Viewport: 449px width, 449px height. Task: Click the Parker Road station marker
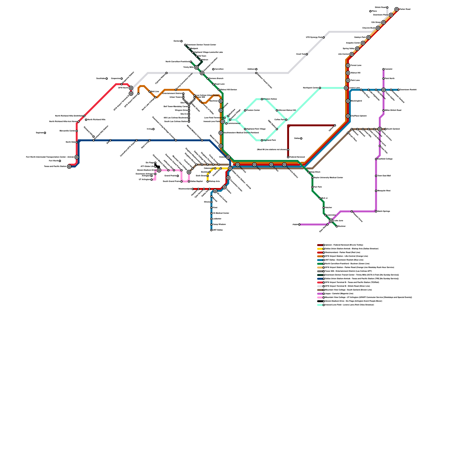(x=397, y=9)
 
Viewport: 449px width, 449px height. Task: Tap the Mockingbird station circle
(x=348, y=101)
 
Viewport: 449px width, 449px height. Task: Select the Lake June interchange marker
(x=331, y=221)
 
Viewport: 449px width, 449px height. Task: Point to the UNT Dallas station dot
(x=211, y=230)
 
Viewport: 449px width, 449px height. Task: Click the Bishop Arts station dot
(x=208, y=182)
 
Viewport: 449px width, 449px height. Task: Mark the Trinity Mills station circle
(x=196, y=67)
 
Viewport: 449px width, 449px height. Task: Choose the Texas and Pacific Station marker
(x=69, y=166)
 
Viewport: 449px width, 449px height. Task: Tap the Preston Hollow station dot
(x=262, y=99)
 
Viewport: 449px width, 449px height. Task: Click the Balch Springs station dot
(x=376, y=211)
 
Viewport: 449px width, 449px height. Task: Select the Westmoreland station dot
(x=193, y=189)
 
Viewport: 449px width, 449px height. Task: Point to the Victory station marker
(x=228, y=157)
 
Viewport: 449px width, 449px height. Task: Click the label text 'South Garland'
(x=393, y=129)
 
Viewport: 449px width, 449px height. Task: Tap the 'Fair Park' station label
(x=318, y=187)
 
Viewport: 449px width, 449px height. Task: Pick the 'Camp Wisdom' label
(x=219, y=224)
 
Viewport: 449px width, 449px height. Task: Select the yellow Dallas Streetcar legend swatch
(x=320, y=249)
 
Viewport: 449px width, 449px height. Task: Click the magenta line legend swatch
(x=320, y=294)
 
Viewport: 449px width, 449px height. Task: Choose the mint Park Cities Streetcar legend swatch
(x=320, y=305)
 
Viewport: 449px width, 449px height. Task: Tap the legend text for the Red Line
(x=342, y=253)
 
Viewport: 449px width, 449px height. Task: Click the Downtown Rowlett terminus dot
(x=398, y=90)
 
